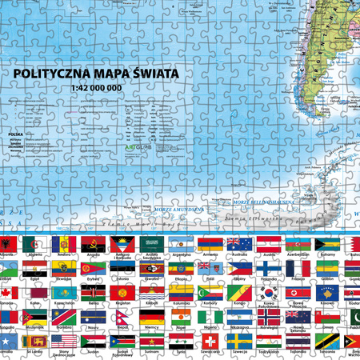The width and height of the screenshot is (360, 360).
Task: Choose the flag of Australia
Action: click(x=238, y=243)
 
